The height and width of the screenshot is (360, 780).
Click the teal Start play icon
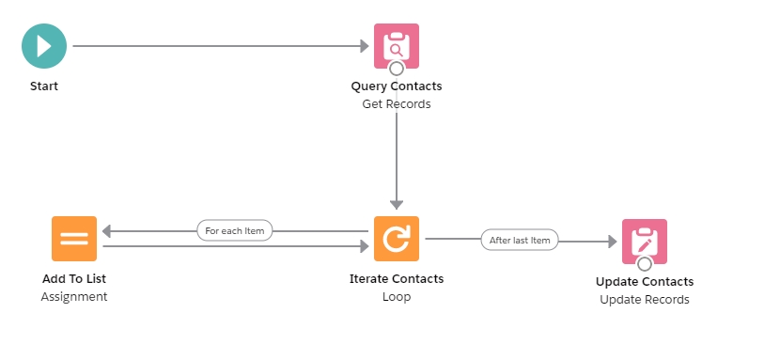[x=44, y=46]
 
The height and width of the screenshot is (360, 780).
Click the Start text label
[x=43, y=86]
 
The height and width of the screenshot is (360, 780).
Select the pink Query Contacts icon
[x=397, y=45]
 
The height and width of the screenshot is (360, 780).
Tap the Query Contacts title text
[x=397, y=86]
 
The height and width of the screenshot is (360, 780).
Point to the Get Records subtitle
[x=397, y=104]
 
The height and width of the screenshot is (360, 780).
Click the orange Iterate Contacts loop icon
[x=397, y=239]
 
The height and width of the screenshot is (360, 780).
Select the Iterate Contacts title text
[x=397, y=279]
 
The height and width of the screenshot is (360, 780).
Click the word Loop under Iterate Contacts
[x=397, y=297]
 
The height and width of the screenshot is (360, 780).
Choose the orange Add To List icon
[x=74, y=239]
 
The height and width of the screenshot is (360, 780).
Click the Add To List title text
[x=74, y=279]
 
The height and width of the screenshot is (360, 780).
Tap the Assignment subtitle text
[x=74, y=297]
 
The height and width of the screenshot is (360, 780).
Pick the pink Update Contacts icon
[x=645, y=241]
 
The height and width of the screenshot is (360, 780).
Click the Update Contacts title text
[x=645, y=282]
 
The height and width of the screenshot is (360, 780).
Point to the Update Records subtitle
[x=645, y=300]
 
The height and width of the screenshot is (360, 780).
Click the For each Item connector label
[x=235, y=230]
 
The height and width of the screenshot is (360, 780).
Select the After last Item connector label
[x=520, y=240]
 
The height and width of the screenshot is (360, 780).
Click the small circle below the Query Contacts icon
[x=397, y=69]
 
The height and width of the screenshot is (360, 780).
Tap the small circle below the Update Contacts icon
[x=645, y=264]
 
